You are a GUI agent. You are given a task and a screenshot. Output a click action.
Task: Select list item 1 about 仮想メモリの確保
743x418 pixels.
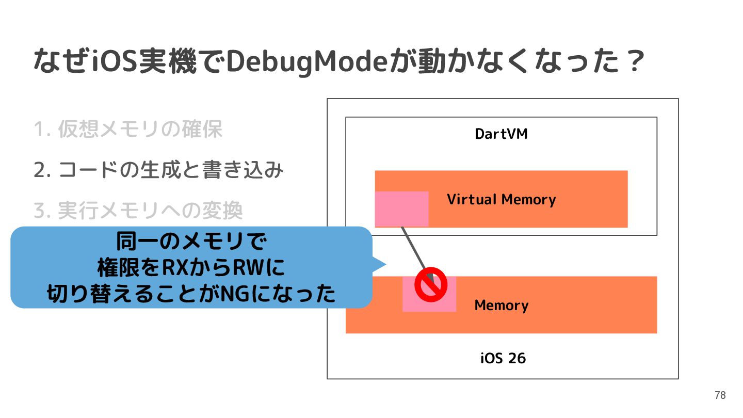click(x=128, y=129)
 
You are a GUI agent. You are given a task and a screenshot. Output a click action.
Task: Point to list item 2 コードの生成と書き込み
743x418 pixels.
click(x=158, y=170)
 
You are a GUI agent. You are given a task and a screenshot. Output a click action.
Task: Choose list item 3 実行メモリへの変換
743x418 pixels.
click(x=138, y=210)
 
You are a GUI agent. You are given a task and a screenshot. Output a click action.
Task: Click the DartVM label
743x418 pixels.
click(x=501, y=134)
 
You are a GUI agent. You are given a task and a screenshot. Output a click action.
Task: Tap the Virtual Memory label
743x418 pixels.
click(x=501, y=199)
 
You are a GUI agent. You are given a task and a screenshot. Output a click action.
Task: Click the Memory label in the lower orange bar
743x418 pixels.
click(x=501, y=305)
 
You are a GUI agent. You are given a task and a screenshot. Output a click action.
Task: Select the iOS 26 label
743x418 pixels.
click(x=503, y=358)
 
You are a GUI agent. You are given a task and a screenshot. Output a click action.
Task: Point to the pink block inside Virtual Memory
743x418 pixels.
click(x=401, y=208)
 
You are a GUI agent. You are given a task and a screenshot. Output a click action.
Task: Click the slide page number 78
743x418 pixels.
click(x=720, y=395)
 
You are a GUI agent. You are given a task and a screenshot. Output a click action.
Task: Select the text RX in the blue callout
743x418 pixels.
click(x=174, y=268)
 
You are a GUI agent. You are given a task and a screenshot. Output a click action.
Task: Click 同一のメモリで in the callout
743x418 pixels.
click(x=191, y=242)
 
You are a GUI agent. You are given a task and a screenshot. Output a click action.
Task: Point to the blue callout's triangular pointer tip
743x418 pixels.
click(x=385, y=265)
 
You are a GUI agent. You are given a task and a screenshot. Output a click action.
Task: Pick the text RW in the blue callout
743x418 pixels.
click(x=250, y=268)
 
